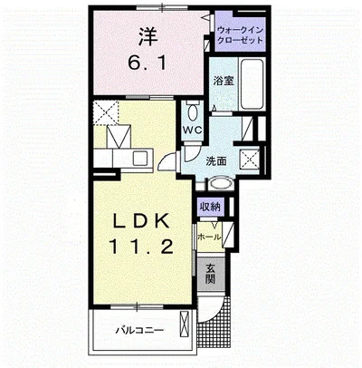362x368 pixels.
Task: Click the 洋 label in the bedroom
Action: coord(148,36)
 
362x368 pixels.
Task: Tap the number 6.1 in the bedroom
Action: coord(147,63)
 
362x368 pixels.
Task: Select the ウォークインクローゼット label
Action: coord(241,35)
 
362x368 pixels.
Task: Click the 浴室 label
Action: coord(224,81)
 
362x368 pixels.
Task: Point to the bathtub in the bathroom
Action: coord(252,84)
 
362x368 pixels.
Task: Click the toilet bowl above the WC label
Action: coord(192,112)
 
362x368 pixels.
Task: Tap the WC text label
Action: coord(193,130)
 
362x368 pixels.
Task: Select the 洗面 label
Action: coord(215,161)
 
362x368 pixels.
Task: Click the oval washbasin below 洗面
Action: coord(221,184)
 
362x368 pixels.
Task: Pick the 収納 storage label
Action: coord(211,207)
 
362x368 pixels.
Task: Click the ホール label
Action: coord(209,237)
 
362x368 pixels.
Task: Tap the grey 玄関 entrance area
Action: coord(211,274)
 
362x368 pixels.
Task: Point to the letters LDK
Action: coord(140,222)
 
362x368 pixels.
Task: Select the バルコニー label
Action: coord(140,330)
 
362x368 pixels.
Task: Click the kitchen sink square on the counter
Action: coord(140,158)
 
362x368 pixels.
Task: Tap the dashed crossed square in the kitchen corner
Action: coord(106,112)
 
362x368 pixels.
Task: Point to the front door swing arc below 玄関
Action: coord(216,312)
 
